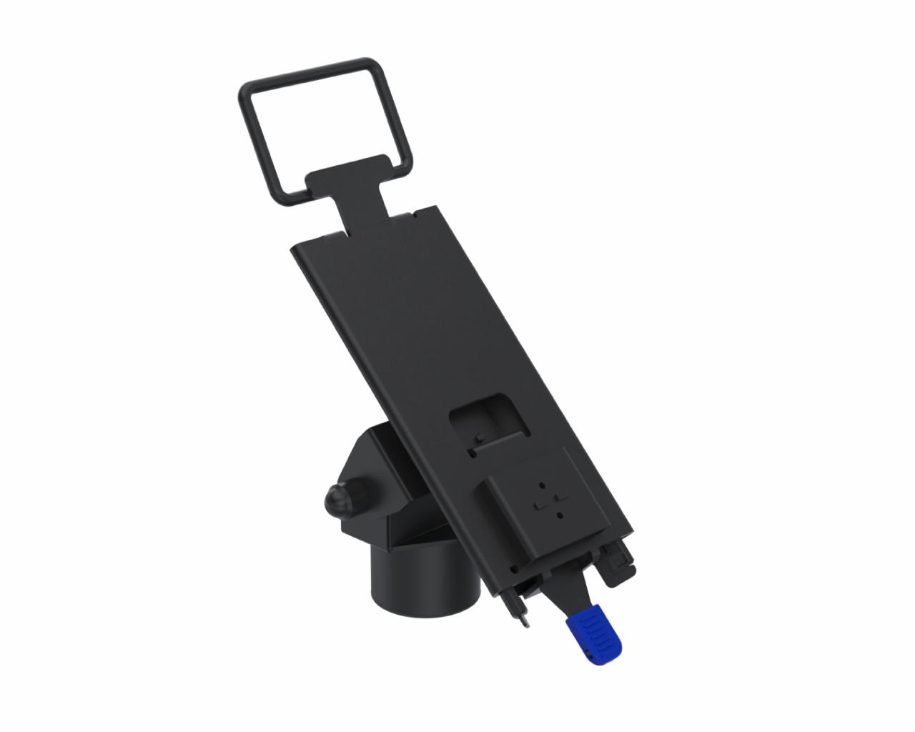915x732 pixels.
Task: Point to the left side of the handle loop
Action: point(258,142)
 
